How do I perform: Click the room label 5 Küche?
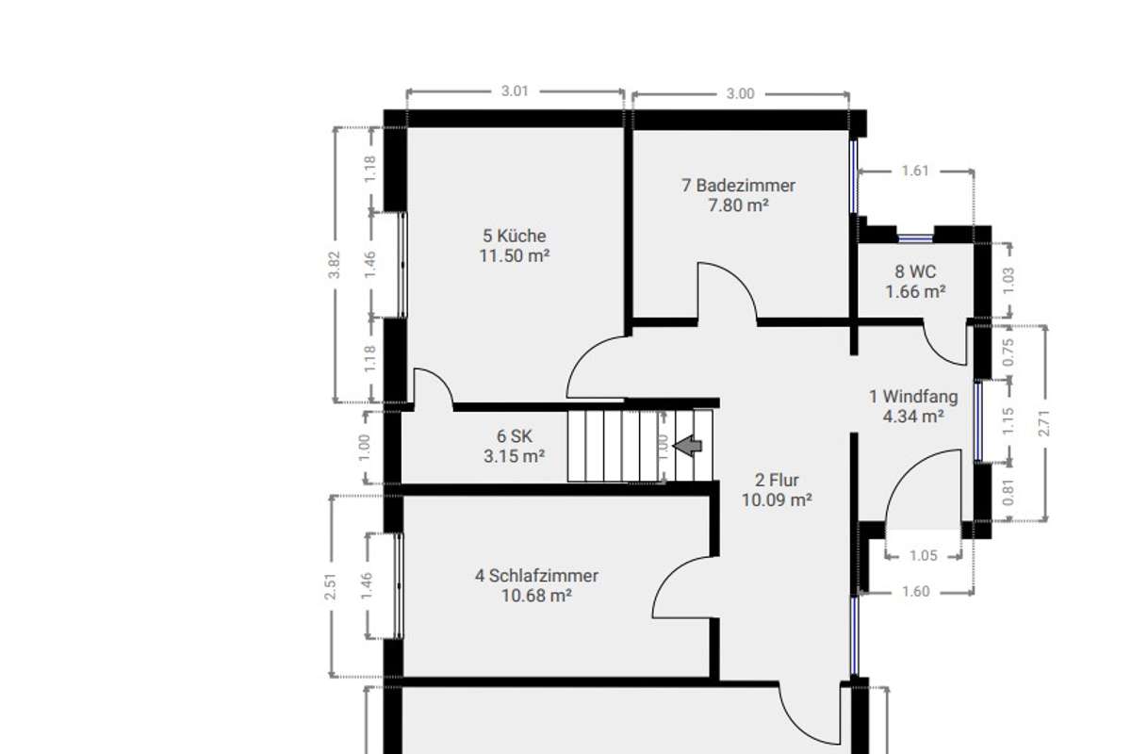coord(514,236)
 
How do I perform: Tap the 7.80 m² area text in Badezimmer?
coord(738,204)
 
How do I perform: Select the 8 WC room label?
coord(915,272)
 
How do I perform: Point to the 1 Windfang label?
coord(913,397)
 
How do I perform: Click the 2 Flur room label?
coord(777,481)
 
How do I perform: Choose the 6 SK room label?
coord(515,436)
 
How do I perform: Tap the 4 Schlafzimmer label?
coord(536,576)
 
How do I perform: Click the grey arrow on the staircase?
coord(690,445)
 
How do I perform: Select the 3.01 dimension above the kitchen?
coord(514,92)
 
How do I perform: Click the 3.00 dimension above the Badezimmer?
coord(741,93)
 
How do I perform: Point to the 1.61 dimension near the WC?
coord(915,171)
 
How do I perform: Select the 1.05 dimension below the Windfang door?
coord(924,556)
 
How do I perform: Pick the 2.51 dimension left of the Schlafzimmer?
coord(331,585)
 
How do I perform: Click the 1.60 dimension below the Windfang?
coord(915,592)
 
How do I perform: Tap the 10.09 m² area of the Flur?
coord(777,500)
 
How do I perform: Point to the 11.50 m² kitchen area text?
coord(514,255)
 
